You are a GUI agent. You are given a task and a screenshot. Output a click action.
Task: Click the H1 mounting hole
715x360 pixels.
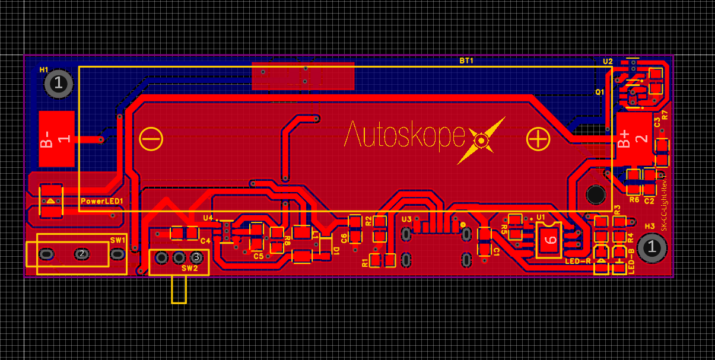point(59,83)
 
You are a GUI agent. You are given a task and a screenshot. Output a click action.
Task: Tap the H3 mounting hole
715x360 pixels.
point(652,248)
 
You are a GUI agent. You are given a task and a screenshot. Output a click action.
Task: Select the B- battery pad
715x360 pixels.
point(56,139)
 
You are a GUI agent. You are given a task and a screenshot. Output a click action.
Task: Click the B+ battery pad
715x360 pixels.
point(633,139)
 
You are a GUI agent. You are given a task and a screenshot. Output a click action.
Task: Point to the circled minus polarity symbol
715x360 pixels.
point(151,139)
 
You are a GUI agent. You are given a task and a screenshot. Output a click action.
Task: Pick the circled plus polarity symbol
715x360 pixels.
point(538,139)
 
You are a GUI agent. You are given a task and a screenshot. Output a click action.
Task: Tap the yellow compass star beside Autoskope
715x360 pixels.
point(482,141)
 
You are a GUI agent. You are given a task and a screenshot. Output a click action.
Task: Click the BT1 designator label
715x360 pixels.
point(466,60)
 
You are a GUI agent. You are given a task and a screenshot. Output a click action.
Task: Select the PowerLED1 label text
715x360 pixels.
point(101,202)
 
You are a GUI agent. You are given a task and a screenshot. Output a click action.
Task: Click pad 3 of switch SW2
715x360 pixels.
point(197,257)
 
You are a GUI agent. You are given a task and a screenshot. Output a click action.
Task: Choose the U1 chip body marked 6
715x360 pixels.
point(549,240)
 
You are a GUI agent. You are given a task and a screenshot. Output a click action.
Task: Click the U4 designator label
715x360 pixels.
point(208,218)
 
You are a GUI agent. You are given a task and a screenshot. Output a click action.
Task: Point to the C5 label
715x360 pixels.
point(258,256)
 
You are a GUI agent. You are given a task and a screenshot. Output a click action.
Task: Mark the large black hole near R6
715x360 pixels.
point(595,194)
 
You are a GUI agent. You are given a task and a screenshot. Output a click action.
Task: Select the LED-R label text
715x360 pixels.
point(577,261)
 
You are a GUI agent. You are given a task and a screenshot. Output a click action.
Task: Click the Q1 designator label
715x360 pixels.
point(599,92)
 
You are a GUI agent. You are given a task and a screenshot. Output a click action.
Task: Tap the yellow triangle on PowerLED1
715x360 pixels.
point(51,201)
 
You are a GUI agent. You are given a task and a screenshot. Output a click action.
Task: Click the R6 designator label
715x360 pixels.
point(634,200)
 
